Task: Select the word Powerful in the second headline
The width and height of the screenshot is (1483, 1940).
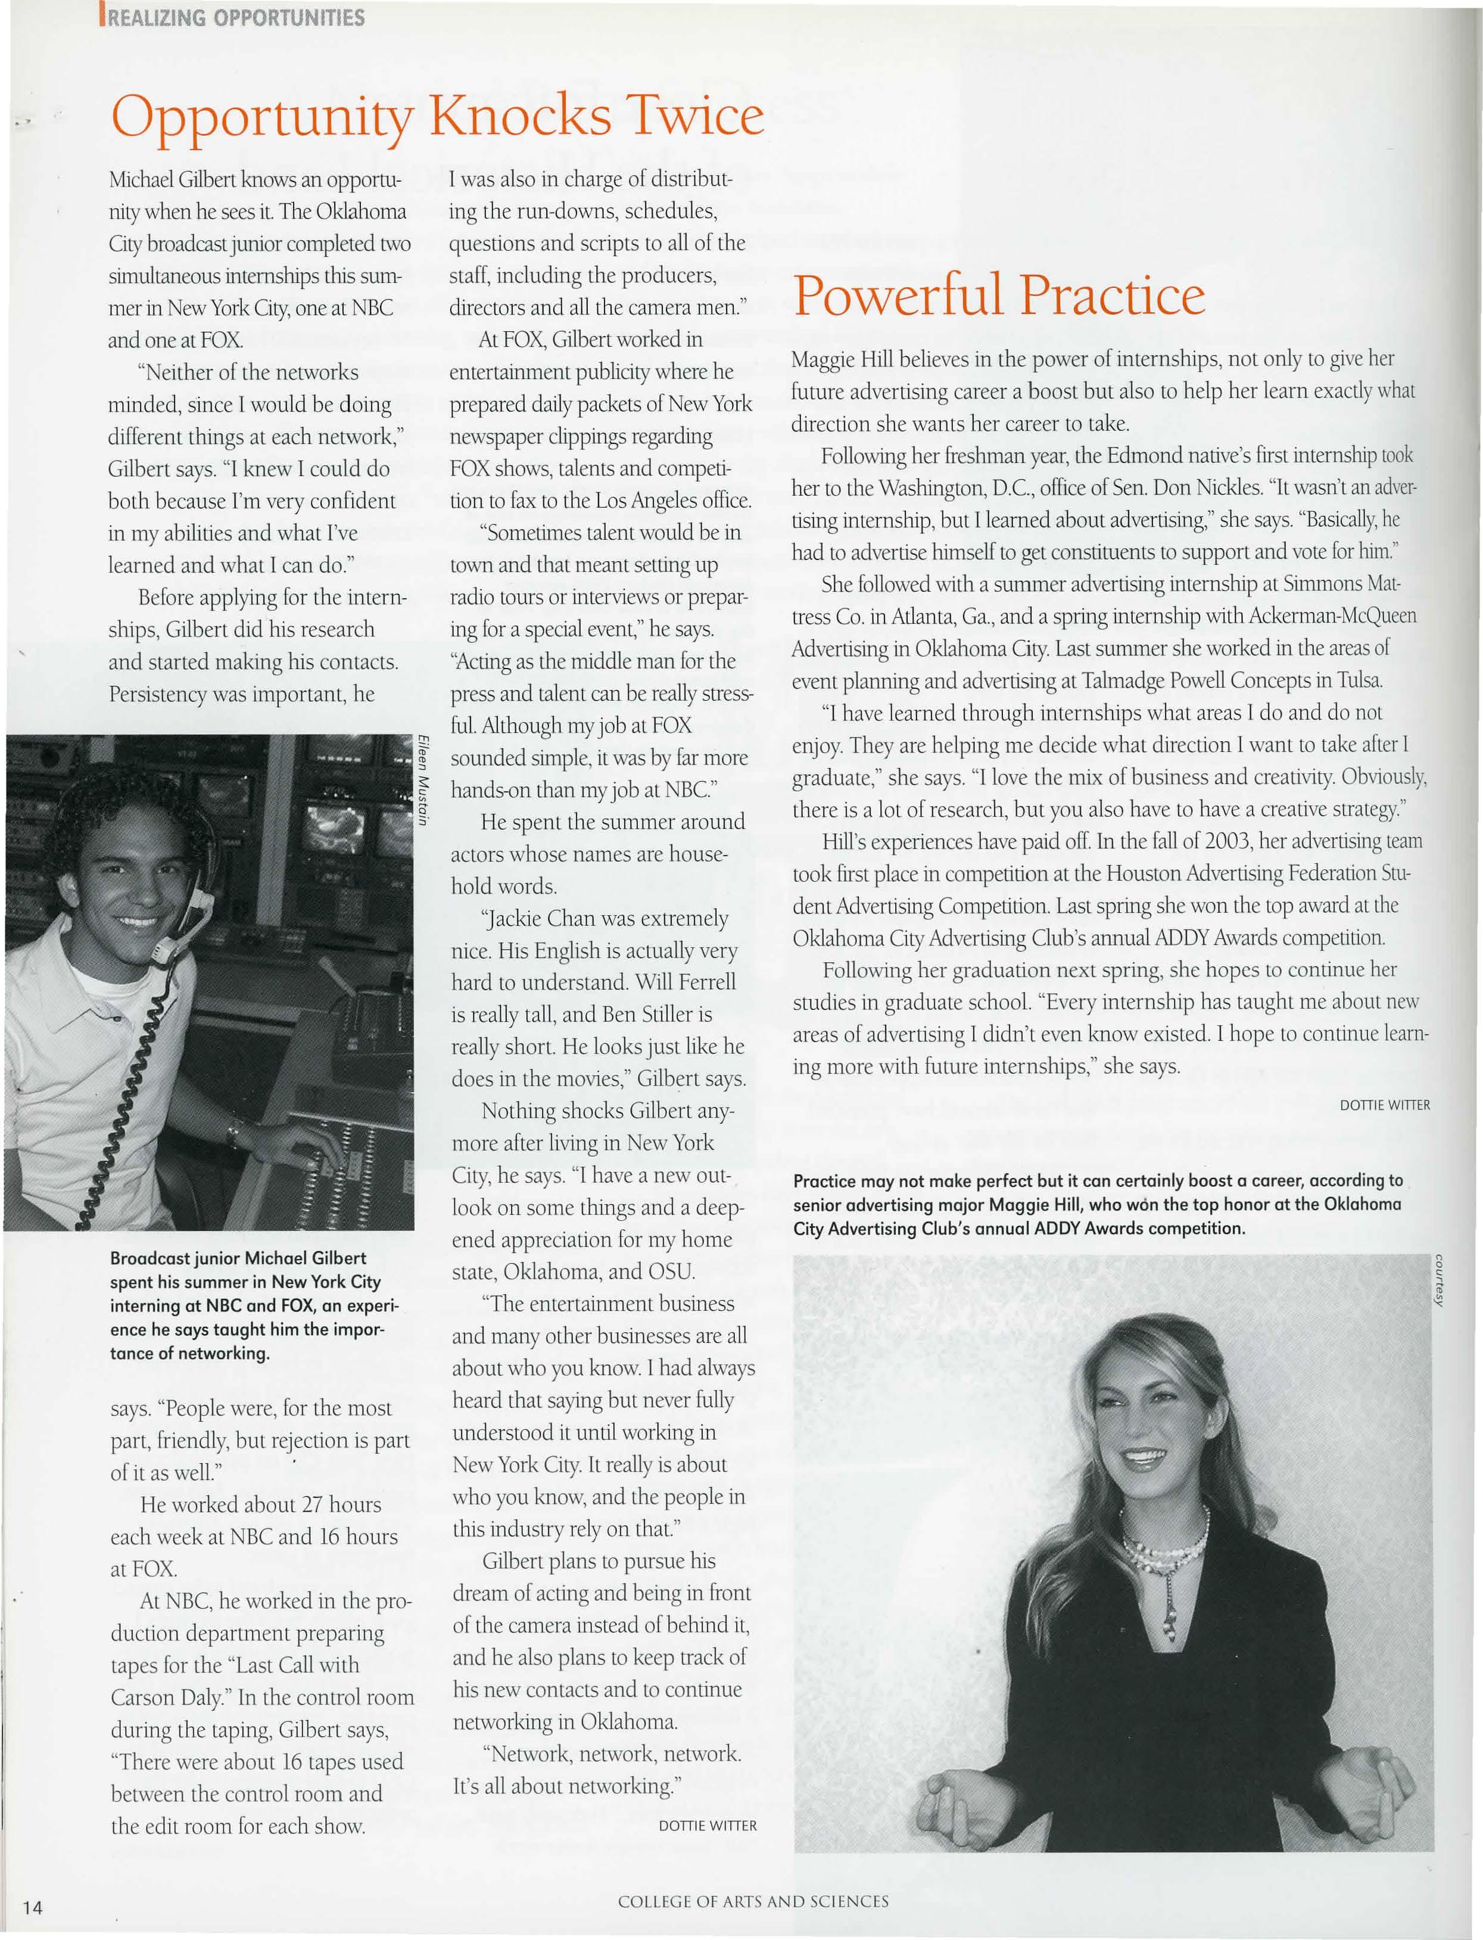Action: click(x=899, y=295)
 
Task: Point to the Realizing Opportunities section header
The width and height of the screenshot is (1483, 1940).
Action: click(x=234, y=18)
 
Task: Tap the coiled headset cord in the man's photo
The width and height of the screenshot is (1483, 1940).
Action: click(x=132, y=1095)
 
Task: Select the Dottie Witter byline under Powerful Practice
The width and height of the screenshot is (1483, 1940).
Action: click(x=1384, y=1105)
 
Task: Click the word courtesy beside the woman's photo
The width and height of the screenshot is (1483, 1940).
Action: click(x=1439, y=1280)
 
